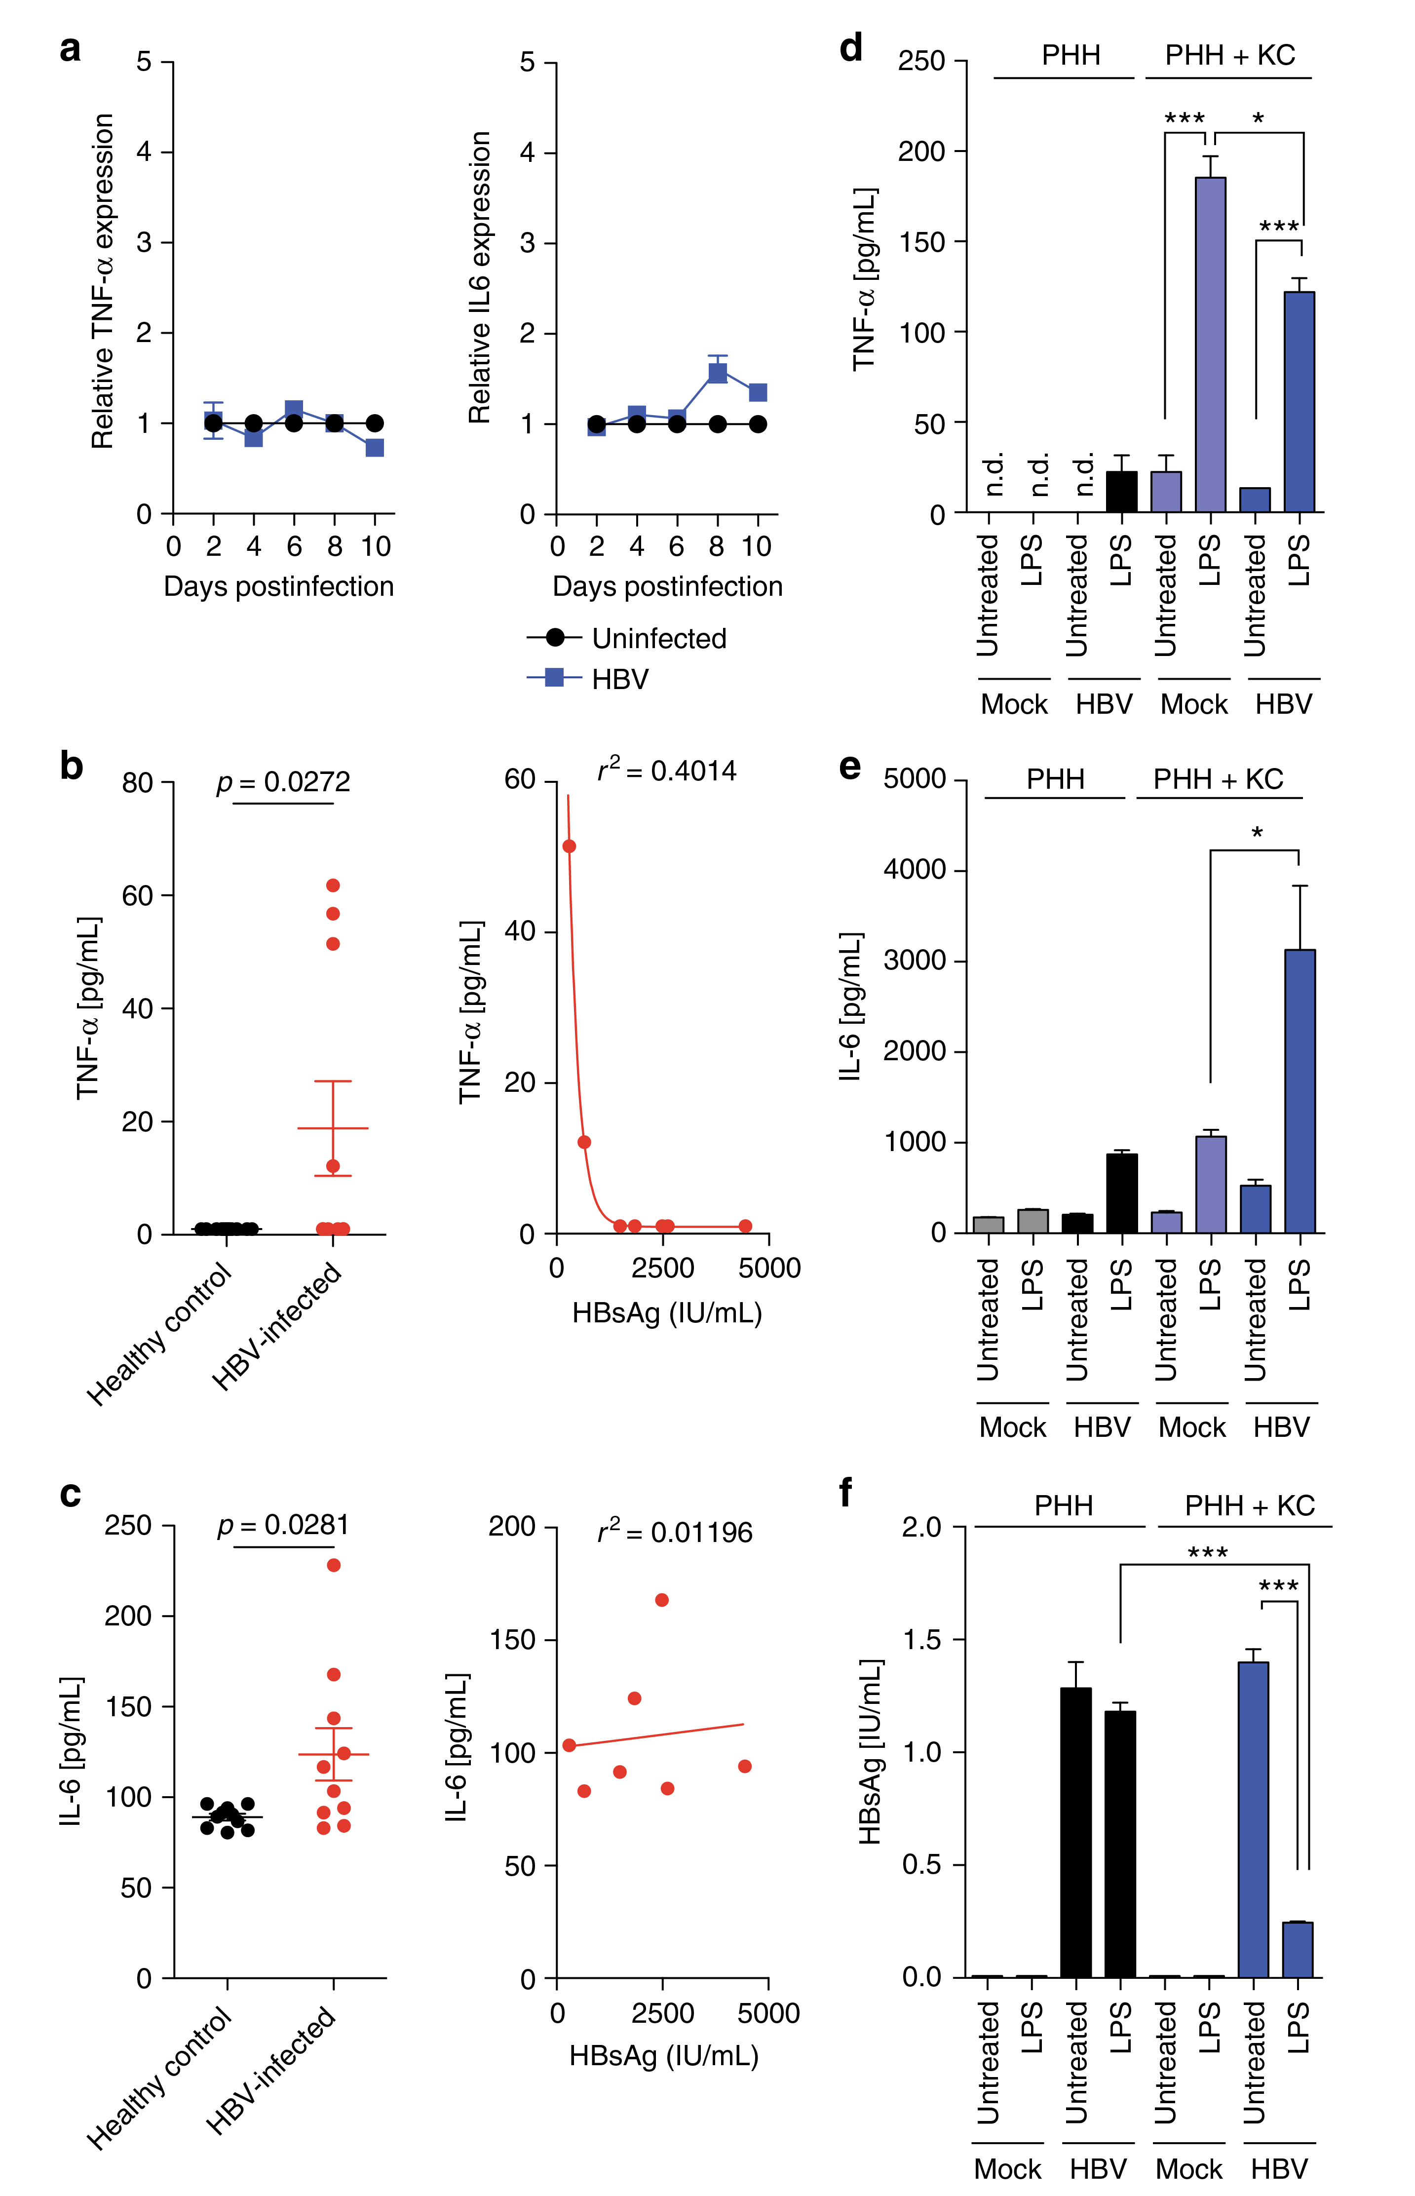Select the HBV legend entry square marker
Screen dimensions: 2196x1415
(x=554, y=678)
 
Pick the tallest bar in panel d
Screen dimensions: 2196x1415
(x=1210, y=345)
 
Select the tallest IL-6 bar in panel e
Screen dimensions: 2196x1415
(x=1299, y=1091)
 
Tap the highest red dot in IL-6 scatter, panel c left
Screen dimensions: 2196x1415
(x=334, y=1565)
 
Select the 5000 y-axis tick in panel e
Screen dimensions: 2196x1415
(x=914, y=779)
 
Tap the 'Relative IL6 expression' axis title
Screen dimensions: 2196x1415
(x=480, y=277)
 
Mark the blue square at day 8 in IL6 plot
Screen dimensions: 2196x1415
(x=718, y=373)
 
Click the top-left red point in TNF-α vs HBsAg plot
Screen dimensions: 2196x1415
(x=569, y=846)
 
